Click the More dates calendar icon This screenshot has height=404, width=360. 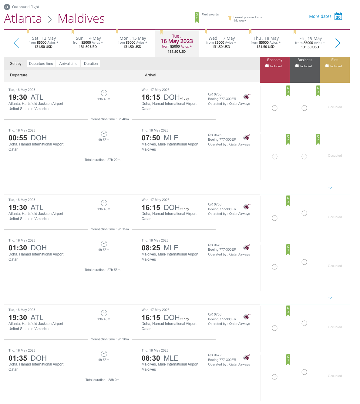(338, 16)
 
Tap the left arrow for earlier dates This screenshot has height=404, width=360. (17, 43)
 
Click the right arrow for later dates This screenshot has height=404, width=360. (338, 43)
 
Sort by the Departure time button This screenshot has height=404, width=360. (41, 64)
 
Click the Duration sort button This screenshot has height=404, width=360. (91, 64)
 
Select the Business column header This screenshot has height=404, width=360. (304, 63)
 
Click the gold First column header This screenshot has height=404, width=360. (335, 63)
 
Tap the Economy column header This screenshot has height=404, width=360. (274, 63)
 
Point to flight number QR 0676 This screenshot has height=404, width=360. (215, 135)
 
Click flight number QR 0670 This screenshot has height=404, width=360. (215, 245)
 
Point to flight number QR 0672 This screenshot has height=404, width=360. (215, 355)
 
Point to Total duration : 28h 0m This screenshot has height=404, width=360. (103, 380)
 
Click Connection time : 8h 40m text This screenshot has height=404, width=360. (110, 119)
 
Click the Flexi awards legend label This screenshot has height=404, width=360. (210, 15)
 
